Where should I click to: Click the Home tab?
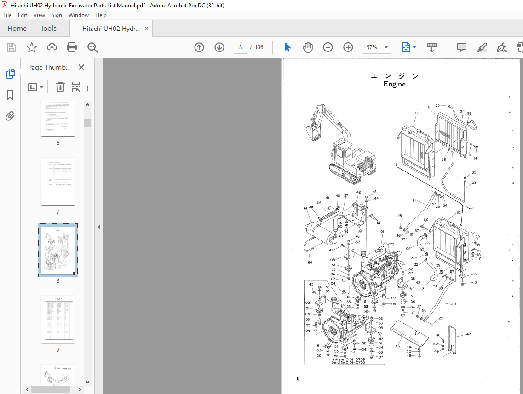pos(17,29)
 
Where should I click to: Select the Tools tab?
pos(48,29)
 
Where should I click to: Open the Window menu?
pos(79,15)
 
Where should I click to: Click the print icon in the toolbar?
pos(72,47)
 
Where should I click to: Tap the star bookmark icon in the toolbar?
pos(31,47)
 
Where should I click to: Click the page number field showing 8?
pos(241,47)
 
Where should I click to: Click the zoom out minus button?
pos(328,47)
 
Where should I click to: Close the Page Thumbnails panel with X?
pos(81,67)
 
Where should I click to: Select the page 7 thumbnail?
pos(58,182)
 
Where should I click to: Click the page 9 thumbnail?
pos(58,320)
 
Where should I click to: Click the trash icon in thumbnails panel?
pos(60,87)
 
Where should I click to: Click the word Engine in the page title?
pos(394,85)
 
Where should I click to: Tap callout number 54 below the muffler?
pos(310,263)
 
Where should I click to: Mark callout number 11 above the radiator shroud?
pos(415,113)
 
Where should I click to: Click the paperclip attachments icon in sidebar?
pos(10,116)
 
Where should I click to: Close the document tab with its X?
pos(146,29)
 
